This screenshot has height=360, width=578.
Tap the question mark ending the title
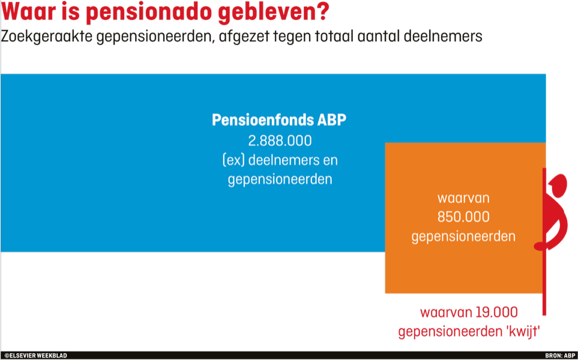[x=322, y=11]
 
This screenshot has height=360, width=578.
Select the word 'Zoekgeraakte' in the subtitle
[x=47, y=37]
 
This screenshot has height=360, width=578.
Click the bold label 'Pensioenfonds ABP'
[x=279, y=120]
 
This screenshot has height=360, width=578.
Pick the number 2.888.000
[x=280, y=140]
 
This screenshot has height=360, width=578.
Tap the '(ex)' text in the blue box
[x=233, y=160]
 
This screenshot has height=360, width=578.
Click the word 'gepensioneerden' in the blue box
[x=280, y=179]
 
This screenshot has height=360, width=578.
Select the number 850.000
[x=463, y=217]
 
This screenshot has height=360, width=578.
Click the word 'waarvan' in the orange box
[x=463, y=198]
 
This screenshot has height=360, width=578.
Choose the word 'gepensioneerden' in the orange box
[x=463, y=236]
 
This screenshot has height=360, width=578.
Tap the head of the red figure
[x=558, y=185]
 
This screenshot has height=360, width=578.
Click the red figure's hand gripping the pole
[x=540, y=246]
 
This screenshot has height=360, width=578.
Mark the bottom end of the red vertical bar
[x=544, y=315]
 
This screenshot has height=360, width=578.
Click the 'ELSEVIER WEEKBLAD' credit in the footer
[x=36, y=356]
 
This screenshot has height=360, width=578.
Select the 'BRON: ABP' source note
[x=560, y=356]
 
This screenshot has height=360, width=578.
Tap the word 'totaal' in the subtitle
[x=338, y=37]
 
